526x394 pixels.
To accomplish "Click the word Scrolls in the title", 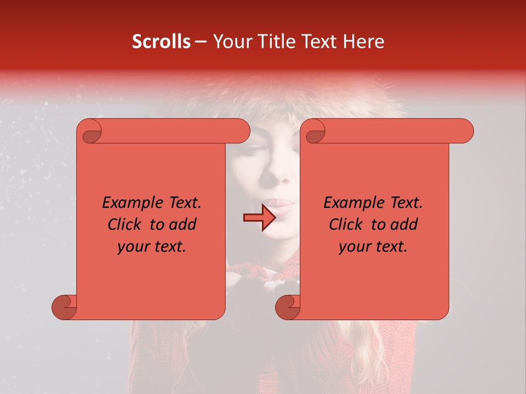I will tap(161, 42).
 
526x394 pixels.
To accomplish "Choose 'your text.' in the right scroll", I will tap(373, 246).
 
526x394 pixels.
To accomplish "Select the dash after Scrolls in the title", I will tap(201, 42).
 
